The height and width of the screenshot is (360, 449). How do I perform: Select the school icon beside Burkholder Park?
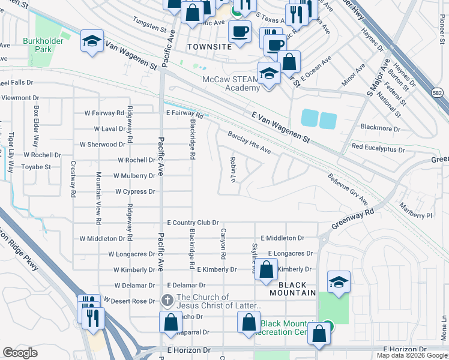click(91, 41)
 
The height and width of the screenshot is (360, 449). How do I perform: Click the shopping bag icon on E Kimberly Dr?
click(266, 270)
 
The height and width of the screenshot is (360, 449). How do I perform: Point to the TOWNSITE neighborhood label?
click(208, 46)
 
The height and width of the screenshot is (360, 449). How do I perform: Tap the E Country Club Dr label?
click(193, 223)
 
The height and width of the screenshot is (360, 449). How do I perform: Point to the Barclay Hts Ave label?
click(249, 143)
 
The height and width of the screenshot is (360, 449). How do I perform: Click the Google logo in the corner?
click(20, 352)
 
